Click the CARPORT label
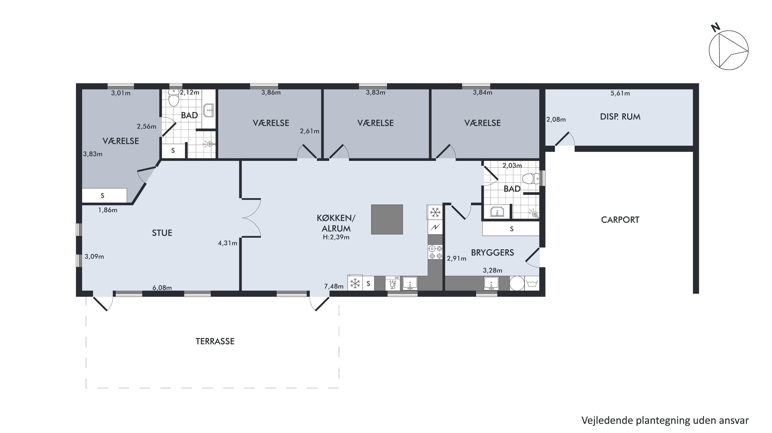point(620,220)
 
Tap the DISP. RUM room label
point(620,117)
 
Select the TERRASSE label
point(215,341)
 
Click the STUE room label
point(162,233)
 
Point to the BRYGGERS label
point(492,253)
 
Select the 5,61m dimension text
point(620,93)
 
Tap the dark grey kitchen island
point(387,220)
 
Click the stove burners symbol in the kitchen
point(435,252)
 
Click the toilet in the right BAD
point(531,179)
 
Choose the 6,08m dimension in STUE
point(162,288)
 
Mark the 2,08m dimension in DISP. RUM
point(556,120)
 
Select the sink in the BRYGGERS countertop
point(491,283)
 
